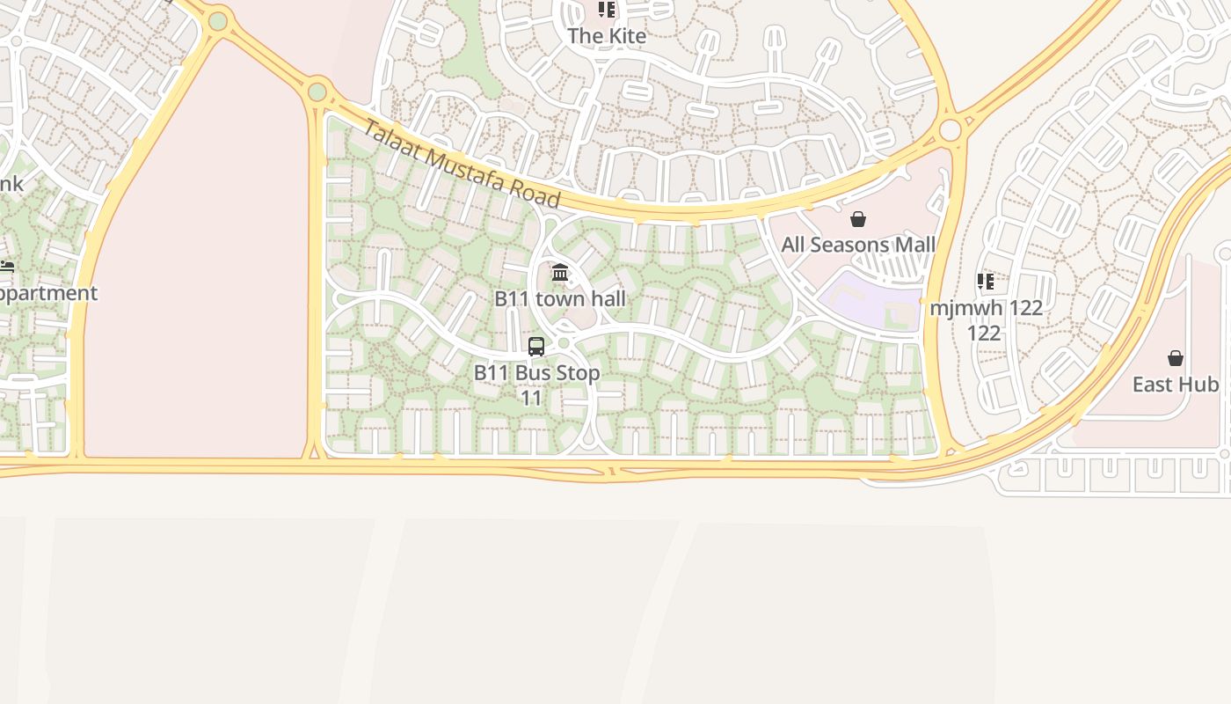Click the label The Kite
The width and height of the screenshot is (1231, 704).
point(607,36)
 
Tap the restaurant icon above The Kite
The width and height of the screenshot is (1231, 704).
point(607,10)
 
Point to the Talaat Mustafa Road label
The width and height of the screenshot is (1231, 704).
point(462,164)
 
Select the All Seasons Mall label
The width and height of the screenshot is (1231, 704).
point(858,245)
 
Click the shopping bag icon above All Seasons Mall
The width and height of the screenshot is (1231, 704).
point(858,219)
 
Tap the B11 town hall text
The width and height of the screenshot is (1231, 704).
point(560,298)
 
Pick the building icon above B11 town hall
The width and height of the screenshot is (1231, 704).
point(560,273)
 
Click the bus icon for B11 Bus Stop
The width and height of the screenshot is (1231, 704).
point(536,347)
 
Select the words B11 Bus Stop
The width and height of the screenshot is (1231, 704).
point(536,372)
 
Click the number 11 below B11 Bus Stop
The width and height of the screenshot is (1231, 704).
point(531,398)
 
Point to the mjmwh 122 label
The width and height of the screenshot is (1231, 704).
point(986,308)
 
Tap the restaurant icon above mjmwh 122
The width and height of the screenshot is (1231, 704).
point(986,282)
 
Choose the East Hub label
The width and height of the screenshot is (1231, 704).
point(1176,385)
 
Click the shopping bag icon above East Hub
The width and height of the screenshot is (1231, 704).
point(1176,358)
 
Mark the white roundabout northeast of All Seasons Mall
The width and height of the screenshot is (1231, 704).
point(951,130)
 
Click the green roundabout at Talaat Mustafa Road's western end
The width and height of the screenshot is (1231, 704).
point(317,92)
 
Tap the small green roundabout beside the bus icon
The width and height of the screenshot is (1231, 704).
point(564,343)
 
